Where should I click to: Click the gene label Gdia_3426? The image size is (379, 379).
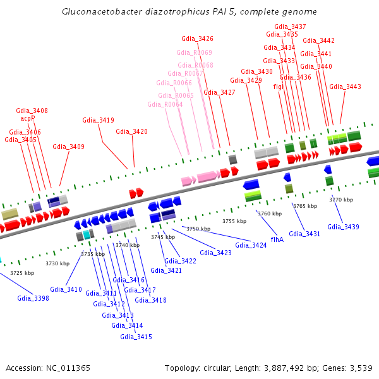pos(197,39)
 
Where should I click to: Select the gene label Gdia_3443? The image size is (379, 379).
pos(345,87)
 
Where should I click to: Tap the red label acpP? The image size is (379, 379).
pos(28,117)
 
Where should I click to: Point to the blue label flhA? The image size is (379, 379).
pos(277,239)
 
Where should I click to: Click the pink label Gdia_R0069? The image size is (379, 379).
pos(194,52)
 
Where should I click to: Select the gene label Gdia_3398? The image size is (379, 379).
pos(33,298)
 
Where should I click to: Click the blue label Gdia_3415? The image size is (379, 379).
pos(136,337)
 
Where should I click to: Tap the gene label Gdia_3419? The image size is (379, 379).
pos(98,120)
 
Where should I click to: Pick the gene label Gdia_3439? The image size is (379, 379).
pos(343,227)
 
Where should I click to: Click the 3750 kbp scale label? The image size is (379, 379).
pos(198,229)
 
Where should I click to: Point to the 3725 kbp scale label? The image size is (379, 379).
pos(22,273)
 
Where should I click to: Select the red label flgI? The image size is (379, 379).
pos(277,87)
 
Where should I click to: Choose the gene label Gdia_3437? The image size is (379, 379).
pos(291,27)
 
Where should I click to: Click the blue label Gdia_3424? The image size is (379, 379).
pos(251,245)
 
